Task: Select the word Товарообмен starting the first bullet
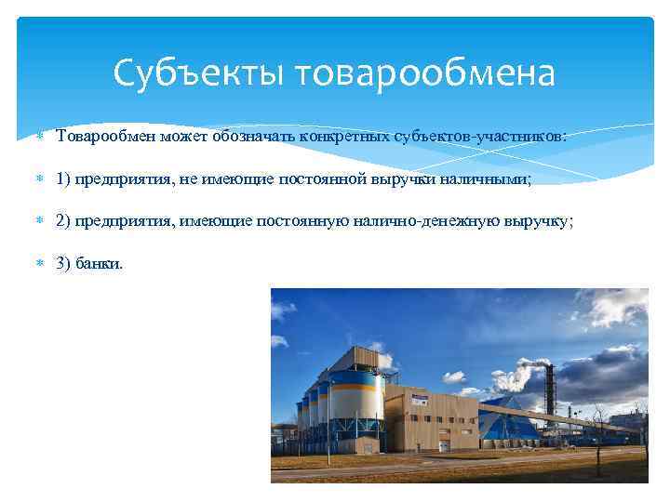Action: click(x=105, y=137)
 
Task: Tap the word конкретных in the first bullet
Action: click(x=337, y=137)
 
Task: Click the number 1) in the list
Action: click(x=65, y=179)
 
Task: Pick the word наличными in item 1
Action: click(x=492, y=179)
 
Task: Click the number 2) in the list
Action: click(x=65, y=221)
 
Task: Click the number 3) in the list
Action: click(x=65, y=263)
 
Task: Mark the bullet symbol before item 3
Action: click(x=37, y=264)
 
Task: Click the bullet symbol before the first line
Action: click(x=37, y=138)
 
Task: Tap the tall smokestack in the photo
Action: click(x=549, y=390)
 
